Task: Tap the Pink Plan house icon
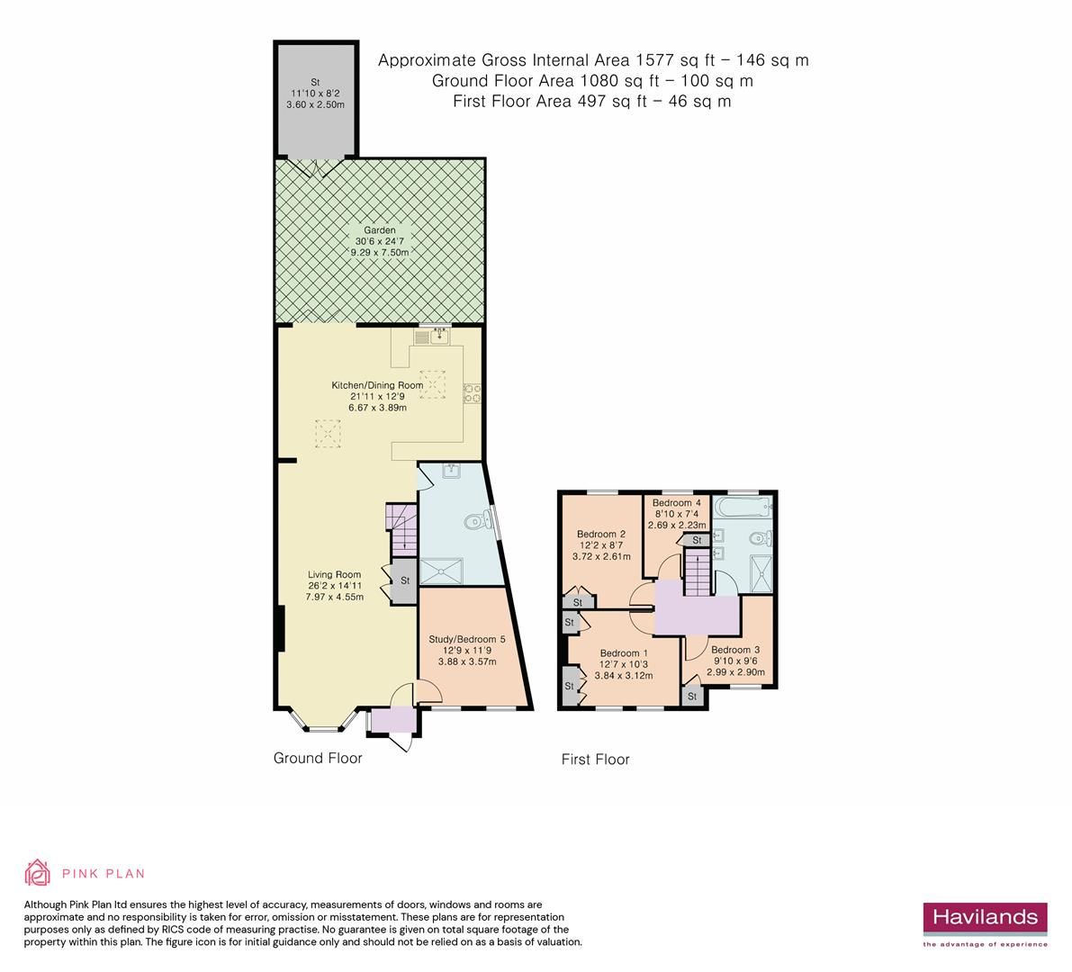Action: [38, 872]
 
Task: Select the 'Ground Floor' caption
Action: [318, 758]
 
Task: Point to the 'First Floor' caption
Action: [595, 759]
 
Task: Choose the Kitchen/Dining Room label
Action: [377, 396]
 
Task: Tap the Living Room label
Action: [334, 585]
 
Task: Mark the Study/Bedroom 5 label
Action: [466, 651]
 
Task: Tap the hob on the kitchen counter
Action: [472, 392]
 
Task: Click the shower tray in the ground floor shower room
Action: [442, 571]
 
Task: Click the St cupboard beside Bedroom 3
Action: [692, 696]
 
